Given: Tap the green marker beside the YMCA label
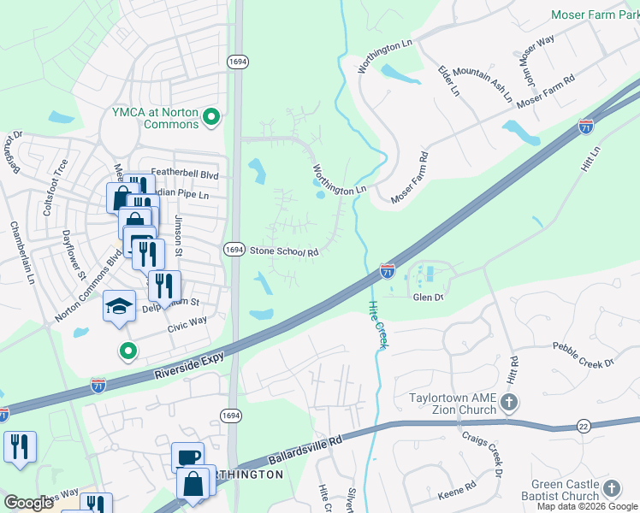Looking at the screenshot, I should [214, 117].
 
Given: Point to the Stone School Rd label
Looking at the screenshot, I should [284, 252].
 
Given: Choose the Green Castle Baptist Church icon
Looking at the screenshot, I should [611, 488].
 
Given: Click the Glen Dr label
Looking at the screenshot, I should [428, 298].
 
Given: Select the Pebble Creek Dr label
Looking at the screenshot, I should [584, 355].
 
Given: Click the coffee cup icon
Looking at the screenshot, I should [187, 457].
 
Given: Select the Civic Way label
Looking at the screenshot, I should [187, 321].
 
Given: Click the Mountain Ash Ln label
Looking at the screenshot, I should [483, 84].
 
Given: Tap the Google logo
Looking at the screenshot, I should [28, 503].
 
